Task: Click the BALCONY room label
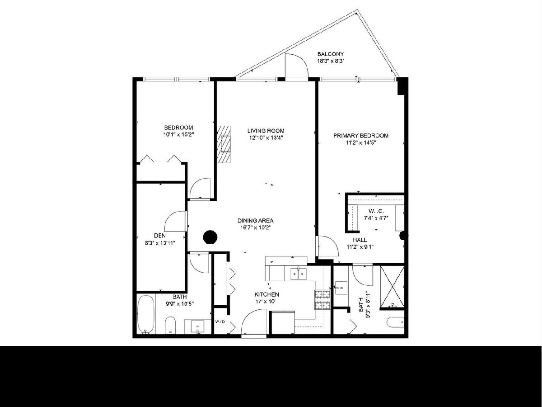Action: tap(330, 54)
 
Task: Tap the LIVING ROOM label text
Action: tap(266, 131)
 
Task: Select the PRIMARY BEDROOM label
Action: tap(361, 136)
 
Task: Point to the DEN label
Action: tap(160, 236)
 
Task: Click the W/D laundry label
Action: tap(220, 322)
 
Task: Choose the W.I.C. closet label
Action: tap(376, 211)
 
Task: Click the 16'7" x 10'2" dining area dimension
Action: tap(256, 227)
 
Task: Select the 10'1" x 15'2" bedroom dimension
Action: tap(178, 135)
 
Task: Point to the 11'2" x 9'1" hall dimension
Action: tap(360, 246)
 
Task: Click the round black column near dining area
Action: tap(210, 237)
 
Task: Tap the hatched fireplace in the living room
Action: tap(224, 144)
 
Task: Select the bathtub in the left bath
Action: tap(146, 315)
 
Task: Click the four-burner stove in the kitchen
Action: tap(322, 300)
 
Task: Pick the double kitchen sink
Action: tap(298, 274)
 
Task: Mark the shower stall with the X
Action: tap(392, 287)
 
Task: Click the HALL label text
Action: tap(360, 240)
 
